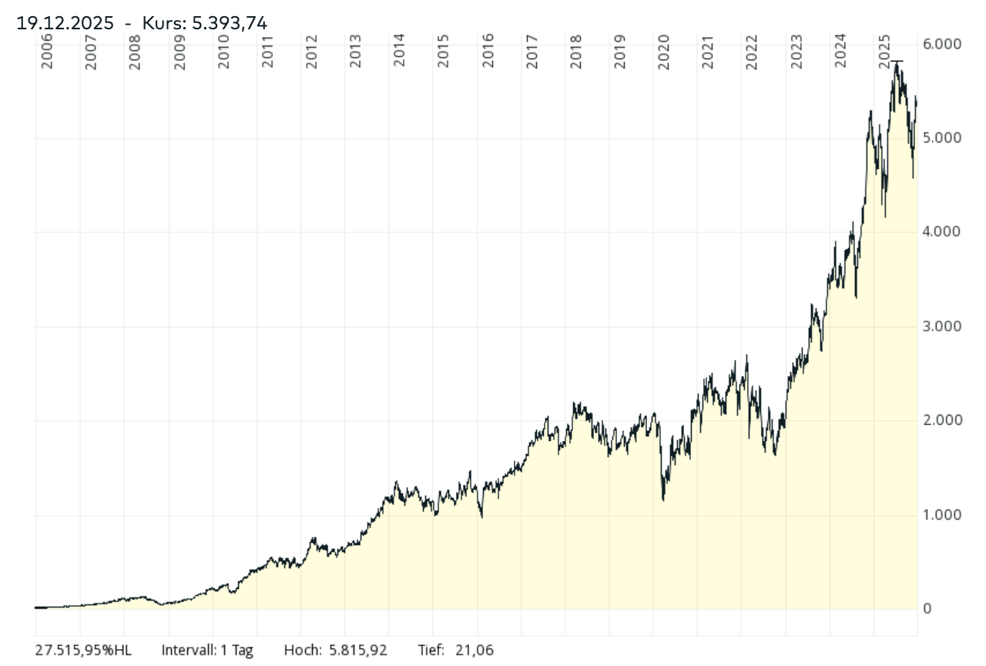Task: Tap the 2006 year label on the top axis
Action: click(47, 52)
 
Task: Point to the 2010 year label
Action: click(223, 52)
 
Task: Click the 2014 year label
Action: click(399, 52)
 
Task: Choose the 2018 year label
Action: click(576, 52)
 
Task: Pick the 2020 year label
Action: click(664, 52)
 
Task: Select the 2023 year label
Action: click(797, 52)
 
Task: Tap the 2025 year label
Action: click(885, 52)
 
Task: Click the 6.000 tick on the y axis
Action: click(943, 44)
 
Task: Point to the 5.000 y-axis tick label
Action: click(943, 138)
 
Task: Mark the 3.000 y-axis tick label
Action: click(943, 326)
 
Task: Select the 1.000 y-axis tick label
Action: click(943, 514)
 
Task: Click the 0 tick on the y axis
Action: click(927, 608)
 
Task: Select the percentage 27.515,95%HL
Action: click(83, 650)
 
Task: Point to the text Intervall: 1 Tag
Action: click(206, 650)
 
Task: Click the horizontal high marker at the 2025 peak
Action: click(897, 60)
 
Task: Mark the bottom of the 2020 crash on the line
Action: click(663, 500)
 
